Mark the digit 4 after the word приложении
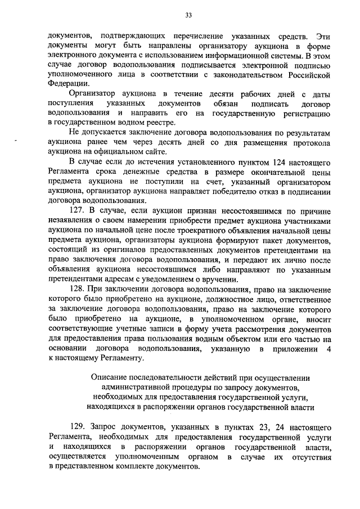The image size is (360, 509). click(x=328, y=349)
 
